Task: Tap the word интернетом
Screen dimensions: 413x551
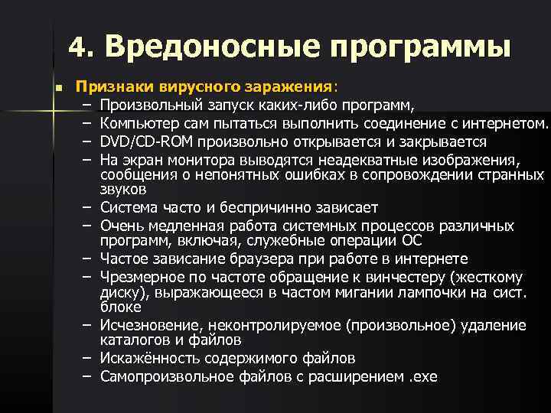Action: pyautogui.click(x=507, y=123)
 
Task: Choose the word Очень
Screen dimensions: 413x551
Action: pyautogui.click(x=120, y=226)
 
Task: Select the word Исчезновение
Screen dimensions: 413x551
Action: pyautogui.click(x=146, y=325)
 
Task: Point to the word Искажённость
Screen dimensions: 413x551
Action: pyautogui.click(x=145, y=358)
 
